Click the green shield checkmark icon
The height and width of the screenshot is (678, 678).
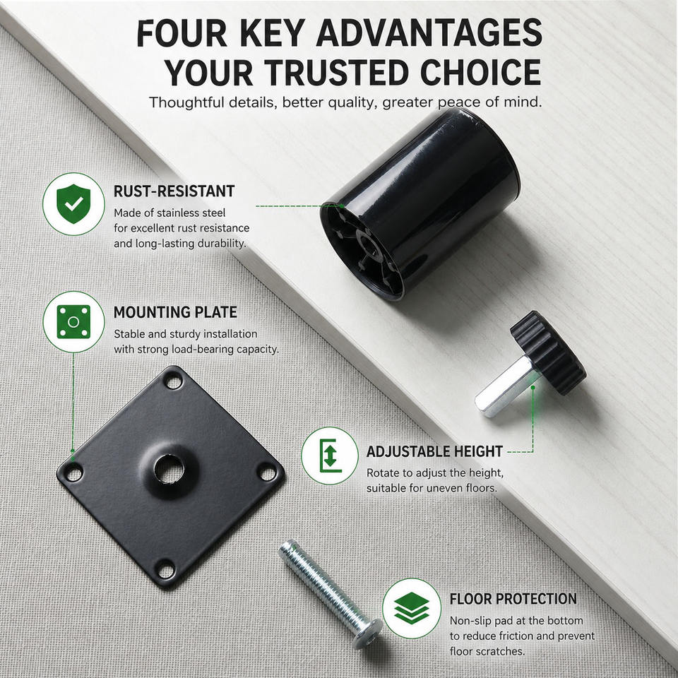(73, 203)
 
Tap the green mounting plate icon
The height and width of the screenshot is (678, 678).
(73, 322)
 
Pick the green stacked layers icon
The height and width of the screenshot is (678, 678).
(411, 608)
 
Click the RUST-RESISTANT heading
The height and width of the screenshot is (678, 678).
(174, 191)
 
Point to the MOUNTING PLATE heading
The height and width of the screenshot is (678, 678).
(175, 311)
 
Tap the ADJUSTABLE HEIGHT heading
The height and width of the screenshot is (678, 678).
(434, 451)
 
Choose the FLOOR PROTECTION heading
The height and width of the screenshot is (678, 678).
(513, 599)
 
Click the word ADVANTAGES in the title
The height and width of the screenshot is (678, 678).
(429, 33)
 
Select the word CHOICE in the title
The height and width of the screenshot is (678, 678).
(481, 72)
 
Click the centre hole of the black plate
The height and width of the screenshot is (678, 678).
(169, 469)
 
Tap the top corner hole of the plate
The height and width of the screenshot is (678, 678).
(174, 382)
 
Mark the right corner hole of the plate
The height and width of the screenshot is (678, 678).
(268, 473)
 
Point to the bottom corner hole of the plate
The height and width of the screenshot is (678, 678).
(166, 570)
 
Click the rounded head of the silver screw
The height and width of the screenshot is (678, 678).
(367, 634)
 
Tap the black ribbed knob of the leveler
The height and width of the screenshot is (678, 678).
(548, 352)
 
